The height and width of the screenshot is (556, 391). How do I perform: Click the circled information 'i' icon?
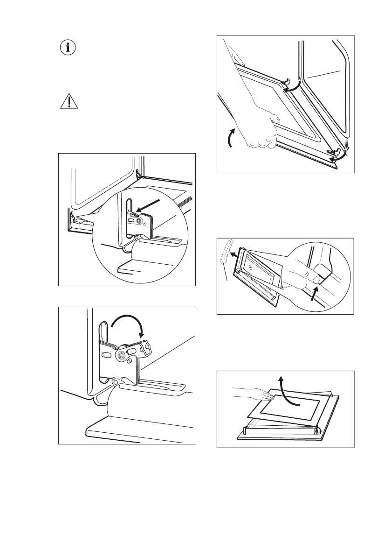pyautogui.click(x=69, y=48)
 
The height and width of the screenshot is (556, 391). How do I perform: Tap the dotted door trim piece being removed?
pyautogui.click(x=226, y=254)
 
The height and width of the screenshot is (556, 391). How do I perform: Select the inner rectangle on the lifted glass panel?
pyautogui.click(x=289, y=407)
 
